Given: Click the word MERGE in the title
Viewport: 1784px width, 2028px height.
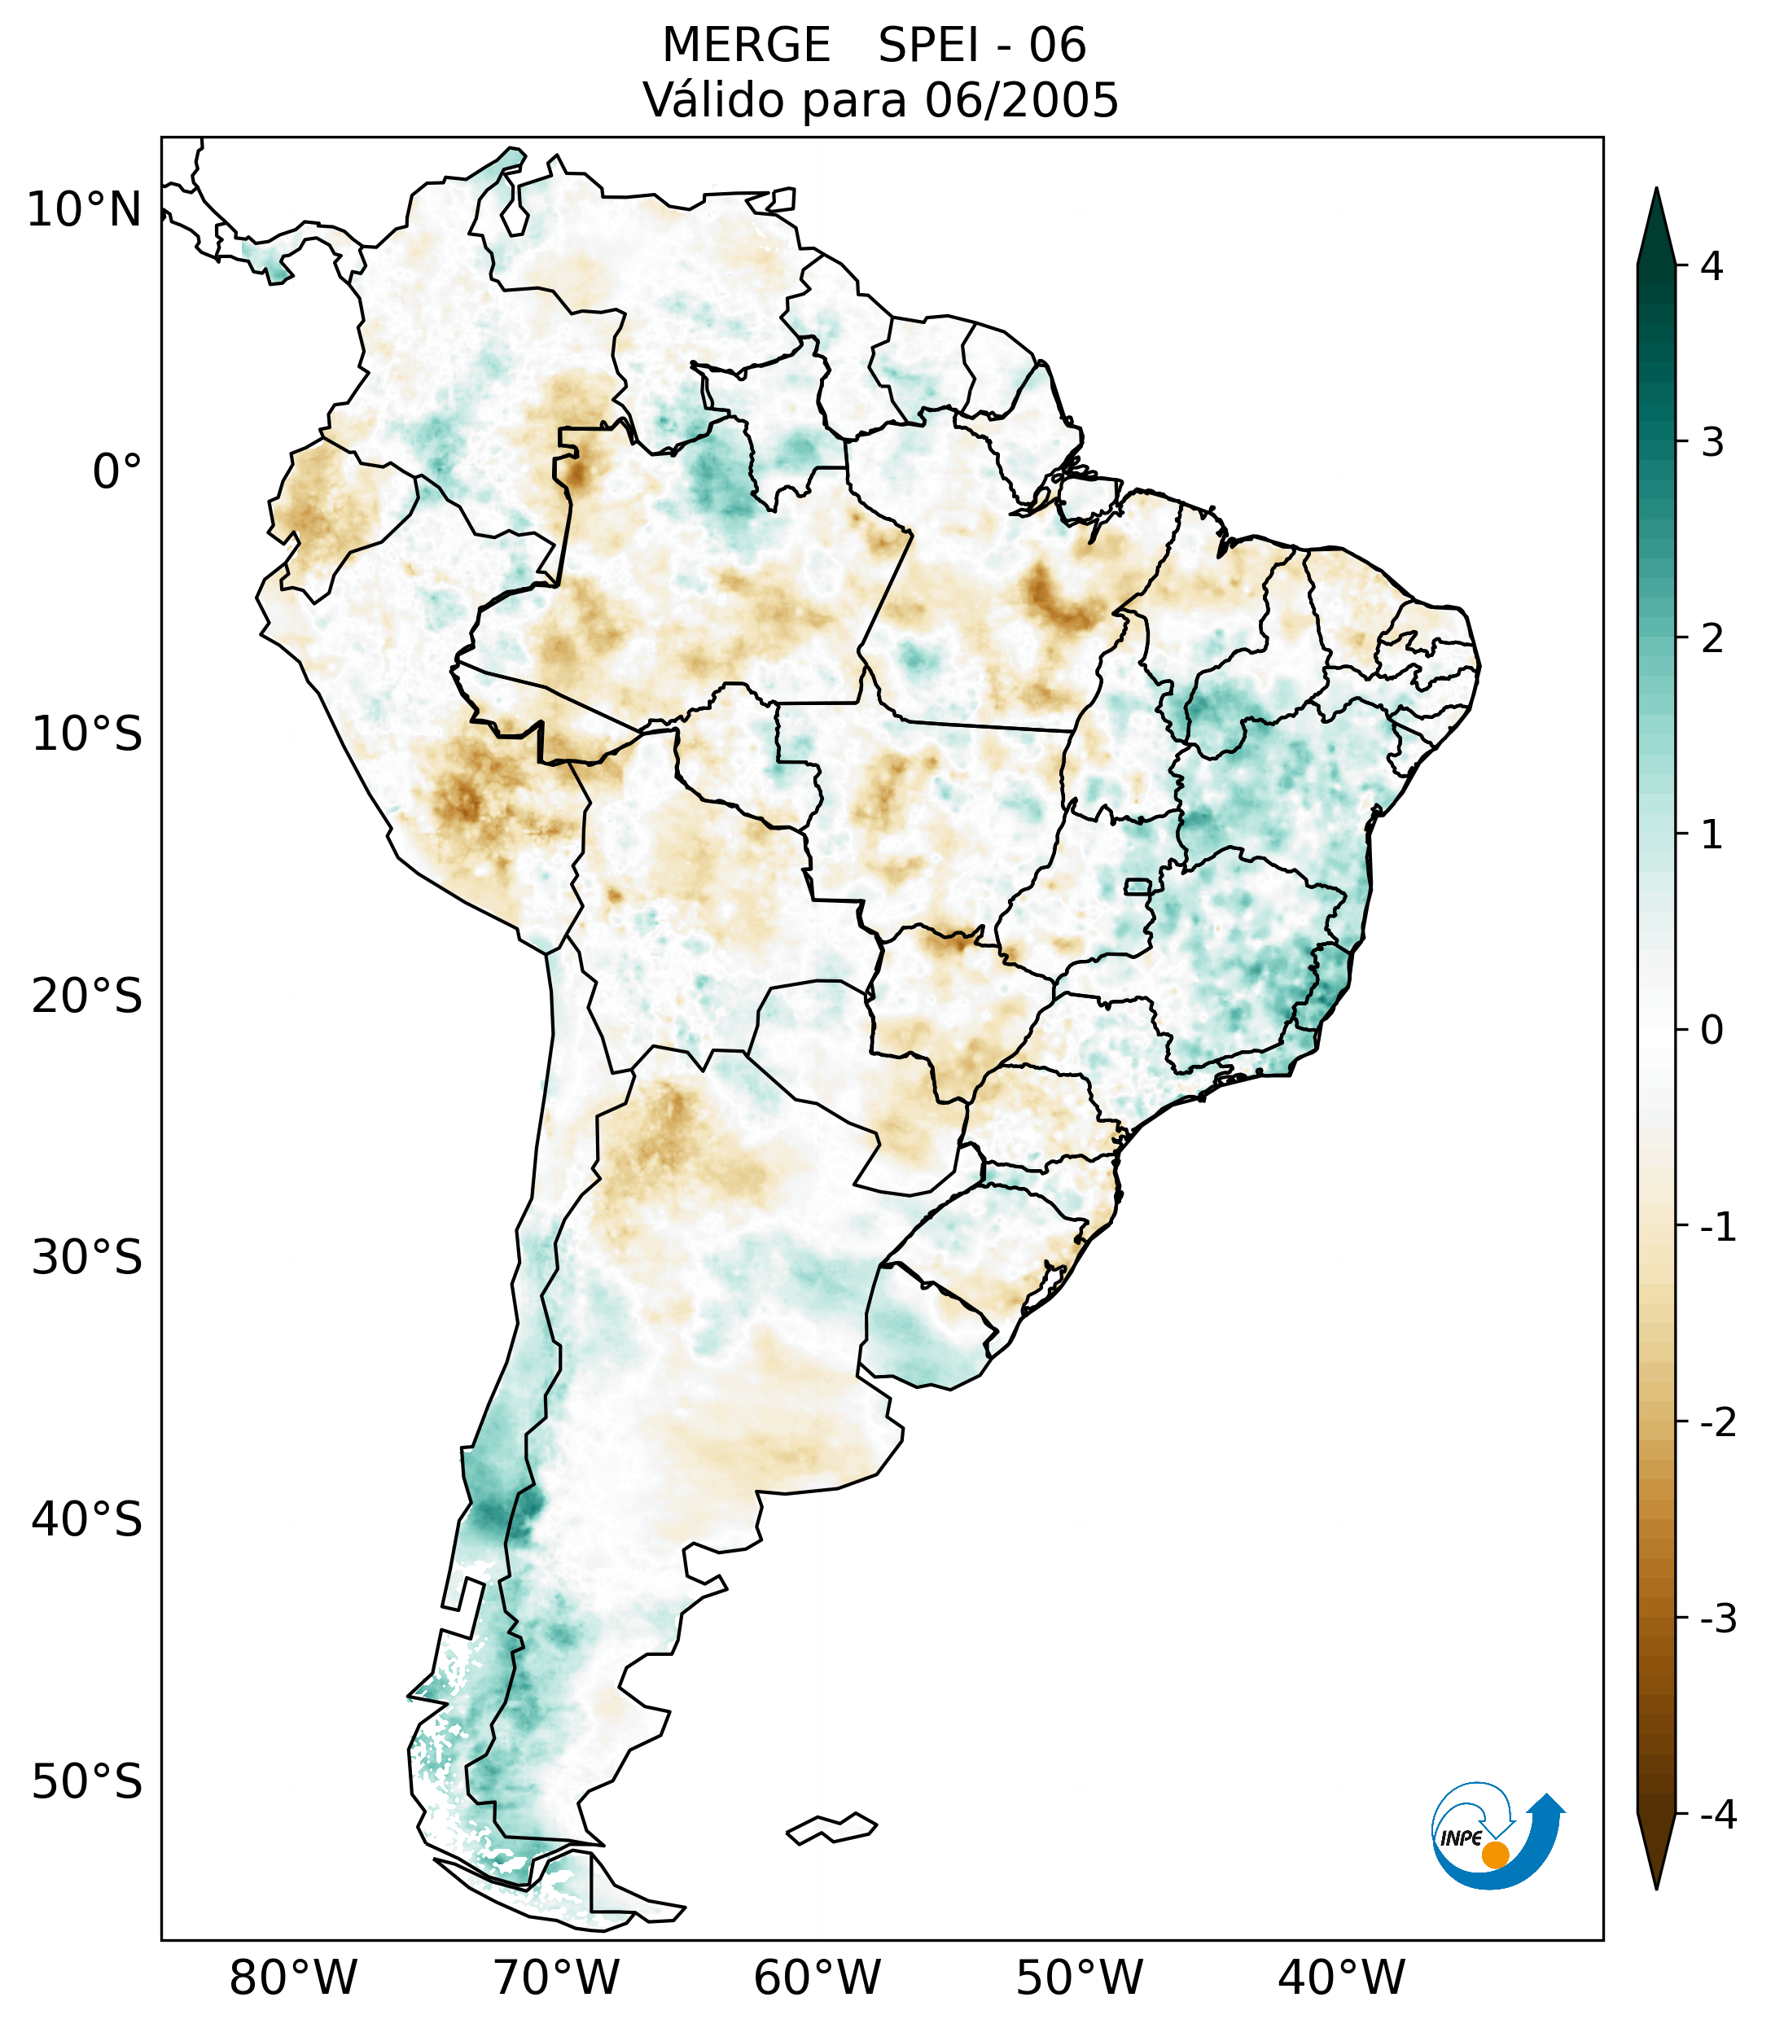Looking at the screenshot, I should click(745, 46).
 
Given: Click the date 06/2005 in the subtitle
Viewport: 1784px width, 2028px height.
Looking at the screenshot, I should click(1021, 100).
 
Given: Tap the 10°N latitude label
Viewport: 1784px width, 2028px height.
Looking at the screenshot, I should click(85, 210).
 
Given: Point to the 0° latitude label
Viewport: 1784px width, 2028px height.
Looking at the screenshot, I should click(117, 472).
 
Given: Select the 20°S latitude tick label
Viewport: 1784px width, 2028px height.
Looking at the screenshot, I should click(87, 996).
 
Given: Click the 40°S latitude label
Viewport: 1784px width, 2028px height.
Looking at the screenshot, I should click(87, 1520).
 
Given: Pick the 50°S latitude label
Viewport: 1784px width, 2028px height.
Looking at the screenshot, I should click(87, 1783).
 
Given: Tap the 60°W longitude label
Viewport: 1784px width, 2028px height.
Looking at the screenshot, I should click(817, 1978).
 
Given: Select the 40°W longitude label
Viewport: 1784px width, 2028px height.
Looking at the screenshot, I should click(1342, 1978).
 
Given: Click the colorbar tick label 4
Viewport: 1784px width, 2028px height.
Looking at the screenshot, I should click(1712, 266).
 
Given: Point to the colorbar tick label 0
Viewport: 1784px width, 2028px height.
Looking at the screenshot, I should click(1712, 1031).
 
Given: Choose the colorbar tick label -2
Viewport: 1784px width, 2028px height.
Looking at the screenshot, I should click(1717, 1424).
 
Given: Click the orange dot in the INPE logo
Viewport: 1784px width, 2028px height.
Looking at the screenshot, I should click(1494, 1855).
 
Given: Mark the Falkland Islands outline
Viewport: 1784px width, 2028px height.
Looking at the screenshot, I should click(831, 1828).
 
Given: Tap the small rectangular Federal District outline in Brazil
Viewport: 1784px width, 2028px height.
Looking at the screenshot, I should click(1138, 886).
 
